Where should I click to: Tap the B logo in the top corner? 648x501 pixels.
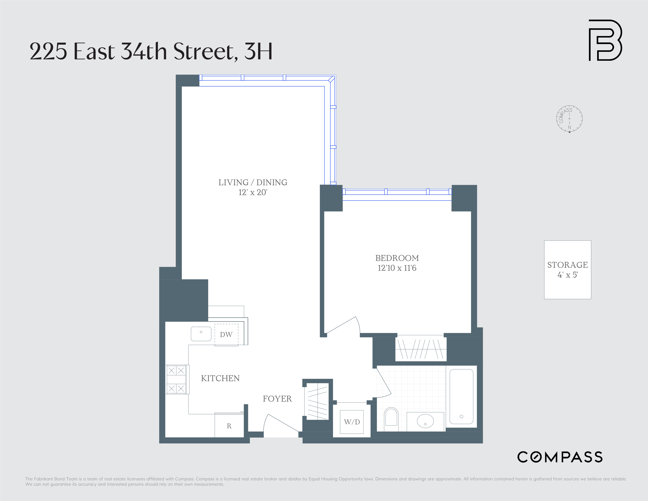605,40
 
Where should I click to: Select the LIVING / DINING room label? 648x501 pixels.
253,182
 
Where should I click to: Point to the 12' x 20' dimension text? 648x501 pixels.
253,192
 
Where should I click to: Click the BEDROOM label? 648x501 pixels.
397,258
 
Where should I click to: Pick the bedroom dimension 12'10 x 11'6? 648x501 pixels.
397,268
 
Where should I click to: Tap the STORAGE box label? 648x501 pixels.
567,265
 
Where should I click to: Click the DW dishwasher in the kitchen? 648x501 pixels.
226,335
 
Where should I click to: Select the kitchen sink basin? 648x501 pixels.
201,334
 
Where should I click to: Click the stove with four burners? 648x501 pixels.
176,379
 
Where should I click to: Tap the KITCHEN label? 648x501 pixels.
220,378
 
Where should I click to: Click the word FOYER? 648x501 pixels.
277,399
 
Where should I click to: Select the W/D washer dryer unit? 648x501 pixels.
352,422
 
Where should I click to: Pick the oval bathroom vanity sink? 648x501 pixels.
425,421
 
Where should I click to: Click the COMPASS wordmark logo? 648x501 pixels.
560,457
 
